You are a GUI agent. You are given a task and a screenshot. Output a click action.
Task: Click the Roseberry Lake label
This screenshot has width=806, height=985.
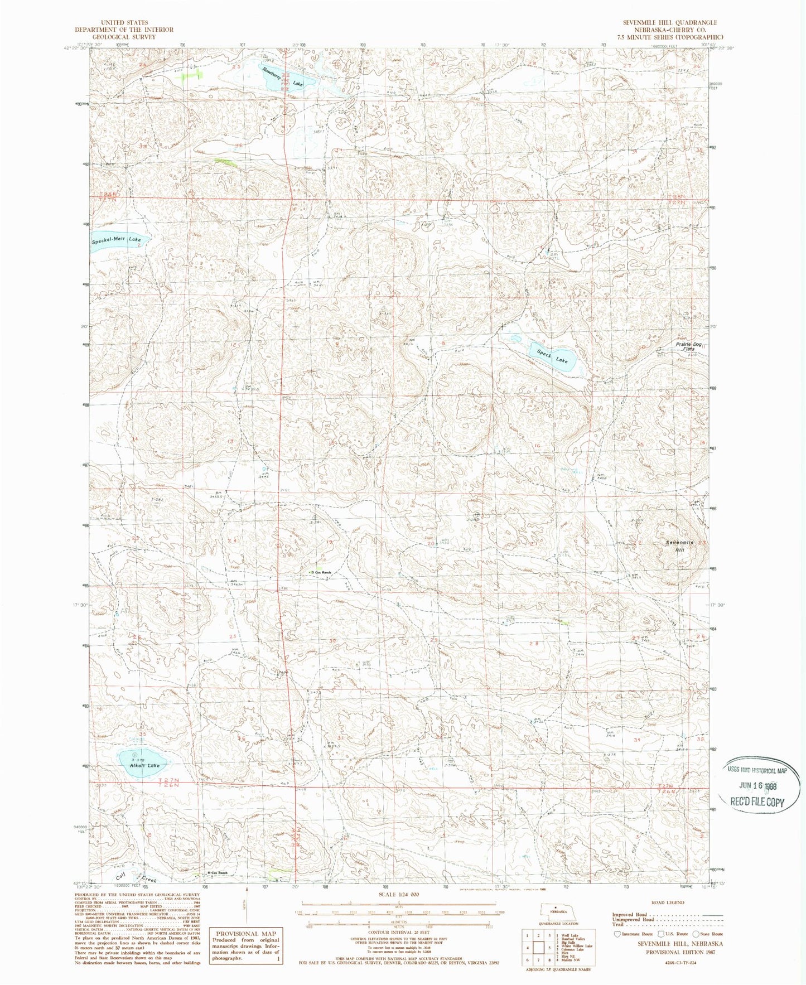coord(284,77)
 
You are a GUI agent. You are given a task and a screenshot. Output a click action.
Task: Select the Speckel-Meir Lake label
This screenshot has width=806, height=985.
coord(117,239)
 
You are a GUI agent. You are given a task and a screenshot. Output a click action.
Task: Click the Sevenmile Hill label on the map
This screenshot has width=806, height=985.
coord(679,546)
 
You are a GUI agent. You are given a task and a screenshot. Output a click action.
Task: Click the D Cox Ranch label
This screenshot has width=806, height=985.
coord(322,572)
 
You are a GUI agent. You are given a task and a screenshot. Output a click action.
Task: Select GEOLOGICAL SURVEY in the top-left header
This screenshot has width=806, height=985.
coord(124,37)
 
